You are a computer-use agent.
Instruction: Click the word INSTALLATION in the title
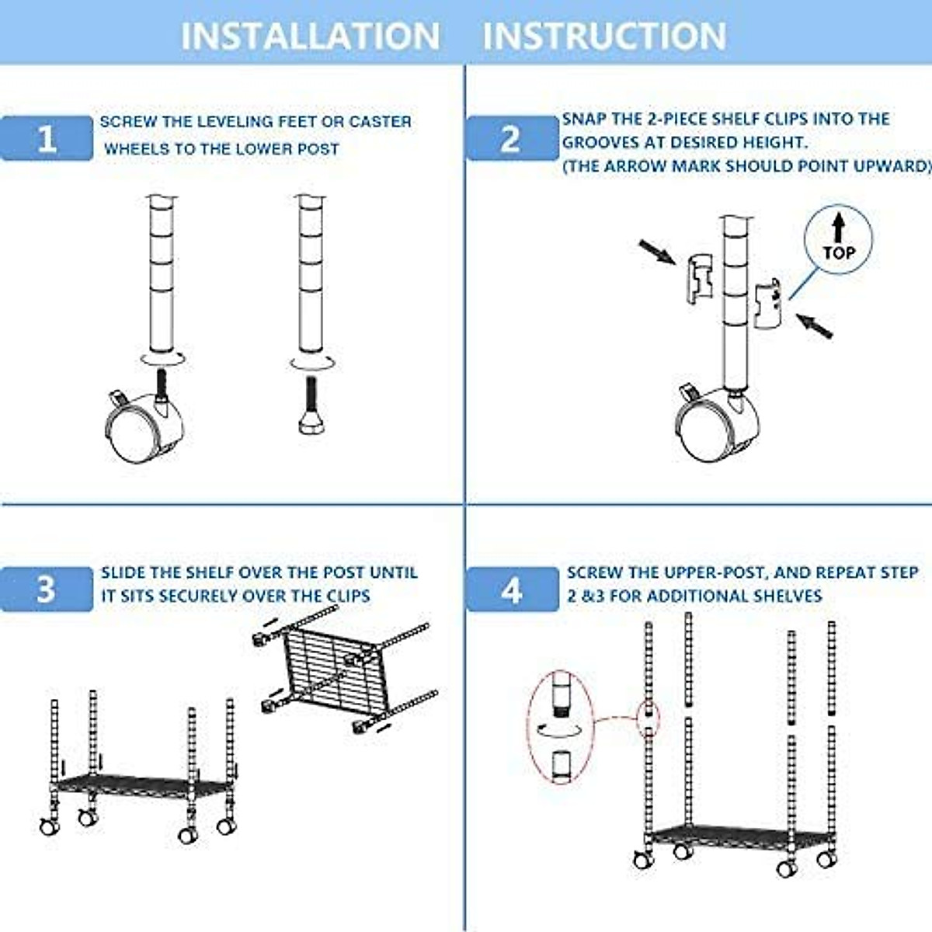(x=310, y=36)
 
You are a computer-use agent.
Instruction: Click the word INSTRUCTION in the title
(x=604, y=36)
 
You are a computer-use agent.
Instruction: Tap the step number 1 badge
(x=47, y=138)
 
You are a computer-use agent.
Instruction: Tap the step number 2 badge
(x=510, y=138)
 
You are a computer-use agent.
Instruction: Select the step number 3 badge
(x=47, y=589)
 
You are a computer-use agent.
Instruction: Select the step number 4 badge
(x=511, y=590)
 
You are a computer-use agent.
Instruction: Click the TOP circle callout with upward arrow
(x=838, y=240)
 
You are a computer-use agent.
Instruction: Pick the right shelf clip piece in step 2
(x=768, y=301)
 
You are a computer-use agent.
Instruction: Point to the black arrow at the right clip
(x=815, y=325)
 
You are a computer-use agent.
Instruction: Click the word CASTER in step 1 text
(x=380, y=122)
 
